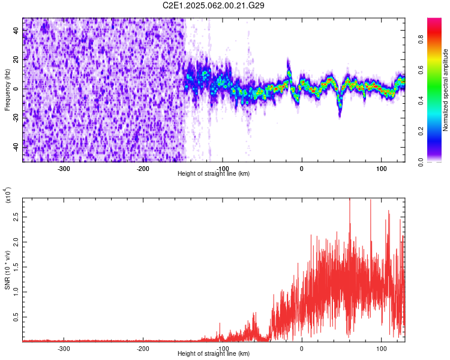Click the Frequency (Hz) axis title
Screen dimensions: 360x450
[7, 90]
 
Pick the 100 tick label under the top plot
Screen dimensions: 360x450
[381, 168]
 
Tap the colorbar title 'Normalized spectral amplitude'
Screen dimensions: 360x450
[446, 90]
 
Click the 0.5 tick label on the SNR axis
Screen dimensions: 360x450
[15, 317]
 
